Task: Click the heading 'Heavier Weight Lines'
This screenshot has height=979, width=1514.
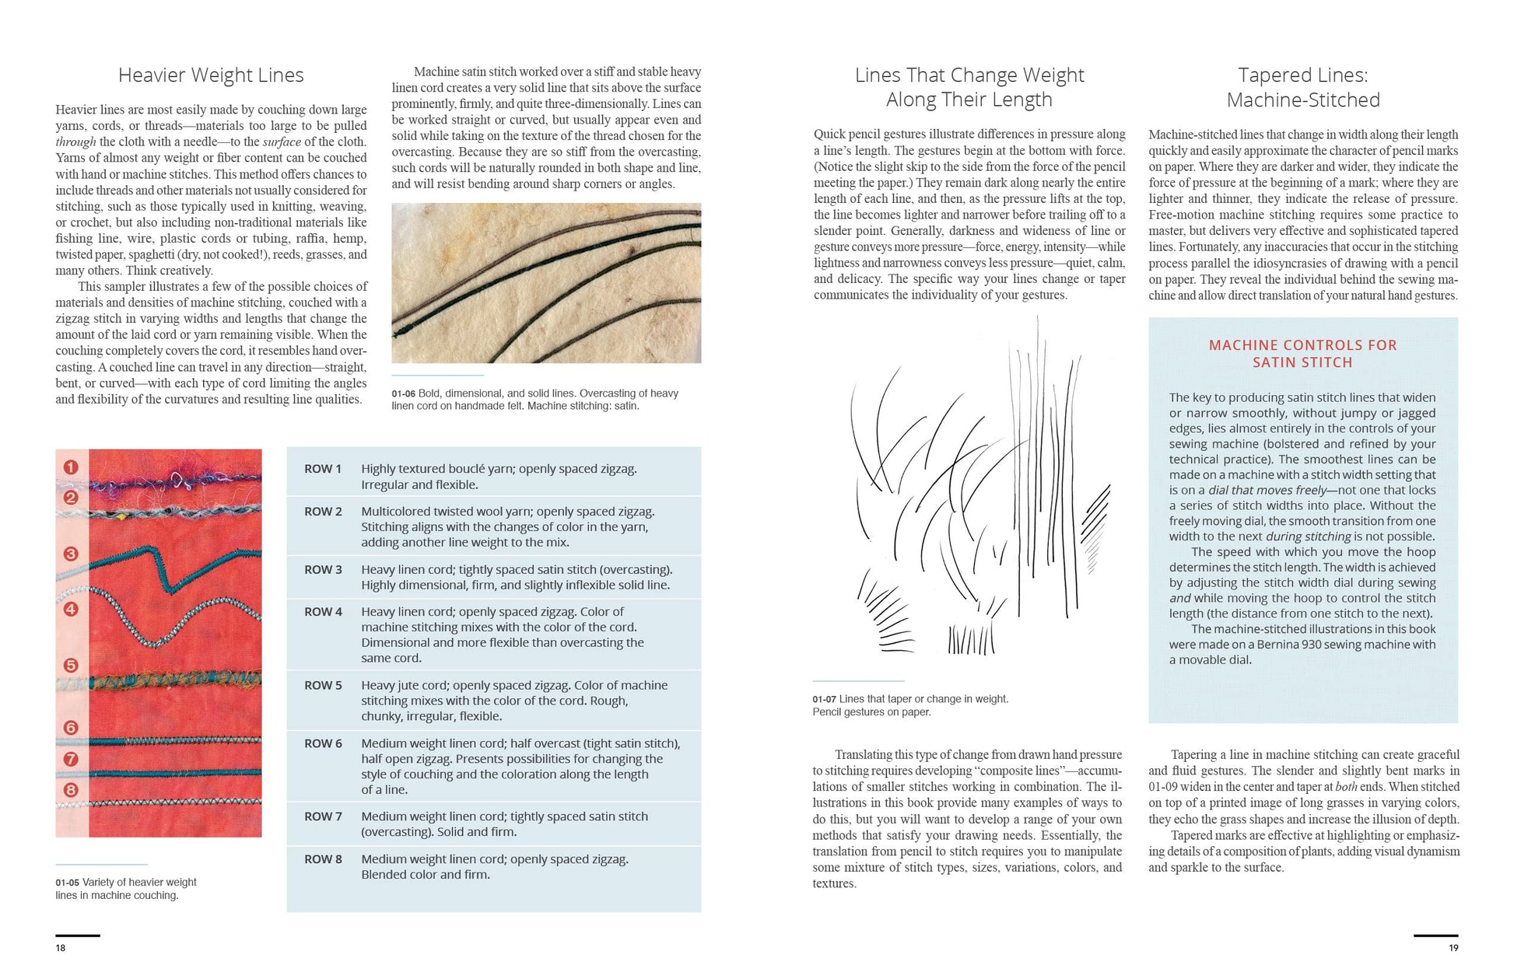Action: pyautogui.click(x=211, y=75)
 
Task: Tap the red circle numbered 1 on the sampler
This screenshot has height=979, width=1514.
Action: pyautogui.click(x=71, y=467)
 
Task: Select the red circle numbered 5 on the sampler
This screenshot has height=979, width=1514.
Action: pyautogui.click(x=71, y=666)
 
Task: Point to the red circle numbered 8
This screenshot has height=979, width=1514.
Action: pyautogui.click(x=71, y=790)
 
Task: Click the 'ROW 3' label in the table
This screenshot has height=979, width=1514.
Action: pyautogui.click(x=323, y=570)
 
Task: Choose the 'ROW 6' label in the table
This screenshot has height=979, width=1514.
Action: pyautogui.click(x=323, y=744)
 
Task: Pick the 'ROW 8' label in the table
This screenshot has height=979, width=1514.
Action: pyautogui.click(x=323, y=859)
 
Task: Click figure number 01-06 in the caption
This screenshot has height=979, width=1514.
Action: pyautogui.click(x=404, y=394)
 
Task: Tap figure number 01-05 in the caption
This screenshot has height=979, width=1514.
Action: pyautogui.click(x=67, y=883)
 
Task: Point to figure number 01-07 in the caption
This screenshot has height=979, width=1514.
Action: pyautogui.click(x=825, y=699)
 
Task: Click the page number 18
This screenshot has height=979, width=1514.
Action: pyautogui.click(x=61, y=948)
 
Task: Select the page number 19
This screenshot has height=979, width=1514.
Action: pyautogui.click(x=1453, y=948)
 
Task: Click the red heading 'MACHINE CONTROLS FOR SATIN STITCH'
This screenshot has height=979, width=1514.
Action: pyautogui.click(x=1302, y=354)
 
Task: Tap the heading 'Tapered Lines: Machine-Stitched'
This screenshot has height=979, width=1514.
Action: pyautogui.click(x=1302, y=88)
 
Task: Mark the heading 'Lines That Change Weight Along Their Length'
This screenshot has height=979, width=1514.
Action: pyautogui.click(x=969, y=88)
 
